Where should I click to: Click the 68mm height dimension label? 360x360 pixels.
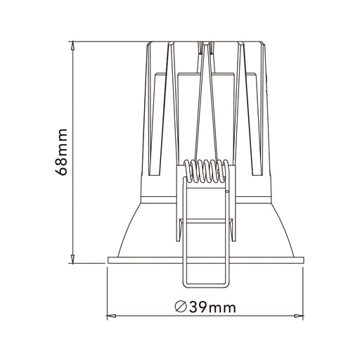(61, 152)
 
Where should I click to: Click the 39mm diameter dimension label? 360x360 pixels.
(205, 307)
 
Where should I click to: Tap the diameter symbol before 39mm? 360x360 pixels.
(181, 307)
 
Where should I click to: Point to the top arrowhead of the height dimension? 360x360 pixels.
(73, 46)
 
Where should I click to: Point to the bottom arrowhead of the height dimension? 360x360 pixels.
(73, 259)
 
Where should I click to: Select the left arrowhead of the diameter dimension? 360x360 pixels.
(111, 316)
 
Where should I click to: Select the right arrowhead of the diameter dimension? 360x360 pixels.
(299, 316)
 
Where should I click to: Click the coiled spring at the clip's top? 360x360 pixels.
(206, 171)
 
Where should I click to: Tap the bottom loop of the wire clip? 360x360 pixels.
(206, 285)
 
